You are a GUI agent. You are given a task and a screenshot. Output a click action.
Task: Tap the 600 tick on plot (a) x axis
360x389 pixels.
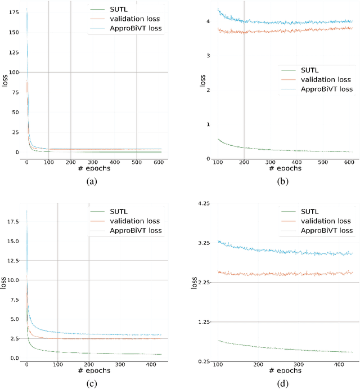pos(159,162)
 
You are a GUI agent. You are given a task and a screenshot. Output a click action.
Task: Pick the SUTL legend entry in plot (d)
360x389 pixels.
pos(312,211)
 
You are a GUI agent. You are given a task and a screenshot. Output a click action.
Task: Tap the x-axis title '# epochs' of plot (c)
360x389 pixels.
pos(94,372)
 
